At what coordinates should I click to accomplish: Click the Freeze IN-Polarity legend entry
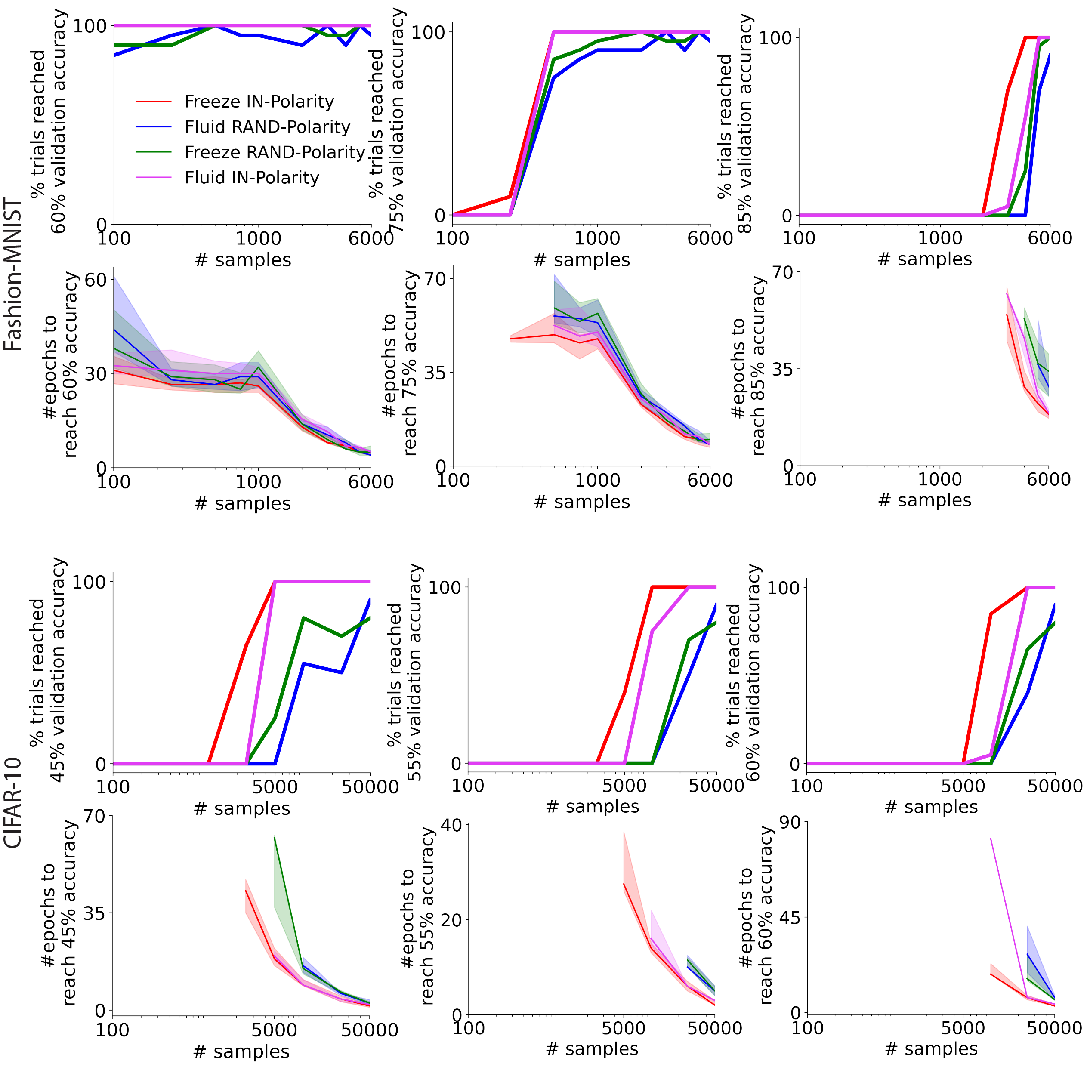coord(259,101)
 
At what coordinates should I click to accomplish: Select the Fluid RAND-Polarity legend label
coord(267,127)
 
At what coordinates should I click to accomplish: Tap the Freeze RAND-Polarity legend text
coord(275,152)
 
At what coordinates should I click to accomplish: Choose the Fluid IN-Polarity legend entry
coord(252,178)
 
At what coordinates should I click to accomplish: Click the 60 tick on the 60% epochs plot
coord(96,279)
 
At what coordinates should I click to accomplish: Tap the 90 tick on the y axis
coord(790,822)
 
